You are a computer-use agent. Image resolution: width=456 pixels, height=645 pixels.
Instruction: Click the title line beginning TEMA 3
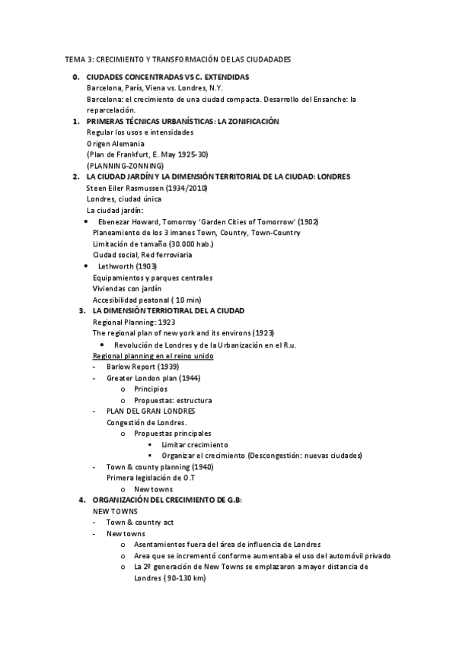click(177, 59)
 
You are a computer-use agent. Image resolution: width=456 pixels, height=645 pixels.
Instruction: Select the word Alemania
click(127, 144)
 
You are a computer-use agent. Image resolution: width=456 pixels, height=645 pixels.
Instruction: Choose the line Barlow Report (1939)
click(142, 367)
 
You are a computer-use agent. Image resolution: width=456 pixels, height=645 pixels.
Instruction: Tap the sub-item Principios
click(151, 389)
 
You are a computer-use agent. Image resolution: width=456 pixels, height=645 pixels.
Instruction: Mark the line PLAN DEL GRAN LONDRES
click(151, 411)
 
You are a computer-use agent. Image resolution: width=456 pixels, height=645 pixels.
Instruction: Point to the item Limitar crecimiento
click(194, 444)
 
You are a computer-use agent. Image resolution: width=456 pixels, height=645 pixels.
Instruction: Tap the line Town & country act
click(140, 523)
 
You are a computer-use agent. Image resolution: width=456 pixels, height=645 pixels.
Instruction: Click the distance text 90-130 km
click(185, 578)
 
